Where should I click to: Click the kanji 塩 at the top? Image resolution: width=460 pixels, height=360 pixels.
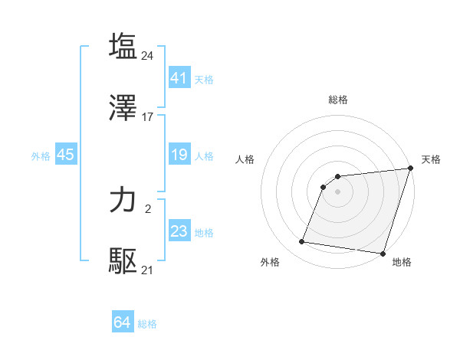point(123,46)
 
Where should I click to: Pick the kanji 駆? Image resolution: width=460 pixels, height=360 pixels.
point(123,261)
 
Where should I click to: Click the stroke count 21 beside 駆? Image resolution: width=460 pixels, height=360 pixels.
point(148,270)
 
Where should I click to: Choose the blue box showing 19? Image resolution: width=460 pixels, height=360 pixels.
point(179,155)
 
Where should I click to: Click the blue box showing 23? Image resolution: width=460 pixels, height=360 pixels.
point(179,231)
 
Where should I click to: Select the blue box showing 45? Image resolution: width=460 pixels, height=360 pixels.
point(66,155)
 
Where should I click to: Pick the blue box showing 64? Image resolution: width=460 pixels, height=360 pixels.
point(123,322)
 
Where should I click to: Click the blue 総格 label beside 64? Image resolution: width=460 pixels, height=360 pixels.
point(147,324)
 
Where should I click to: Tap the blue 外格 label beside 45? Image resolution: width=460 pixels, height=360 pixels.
point(41,156)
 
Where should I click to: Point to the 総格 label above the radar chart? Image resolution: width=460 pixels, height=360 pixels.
point(338,100)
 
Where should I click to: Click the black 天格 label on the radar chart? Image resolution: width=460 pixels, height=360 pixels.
point(431,159)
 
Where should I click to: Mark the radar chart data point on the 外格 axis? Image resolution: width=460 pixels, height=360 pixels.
point(302,242)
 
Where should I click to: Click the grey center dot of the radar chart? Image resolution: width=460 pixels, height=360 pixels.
point(338,191)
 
